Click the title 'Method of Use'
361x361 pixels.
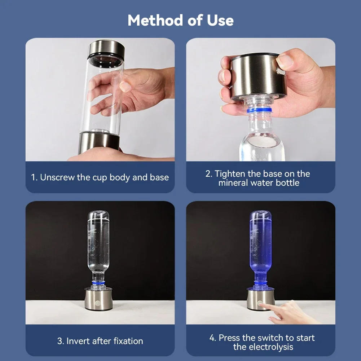[180, 21]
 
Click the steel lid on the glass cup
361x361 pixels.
[106, 48]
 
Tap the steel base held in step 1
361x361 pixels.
[99, 142]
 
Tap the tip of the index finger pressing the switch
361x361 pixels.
[262, 305]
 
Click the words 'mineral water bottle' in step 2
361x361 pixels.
[259, 183]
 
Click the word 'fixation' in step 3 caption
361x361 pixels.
[126, 341]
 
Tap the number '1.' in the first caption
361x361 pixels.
[34, 177]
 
